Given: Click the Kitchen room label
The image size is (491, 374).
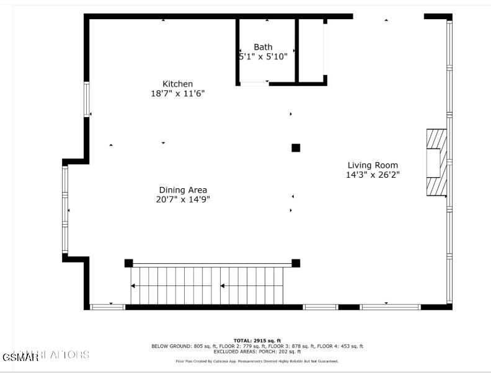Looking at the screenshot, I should click(x=178, y=84).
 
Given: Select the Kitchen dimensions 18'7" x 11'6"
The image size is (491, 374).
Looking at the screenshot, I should click(x=178, y=94).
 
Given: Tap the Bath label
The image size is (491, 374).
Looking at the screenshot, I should click(x=263, y=47).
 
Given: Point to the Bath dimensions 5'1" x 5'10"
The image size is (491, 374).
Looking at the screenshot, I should click(x=263, y=56).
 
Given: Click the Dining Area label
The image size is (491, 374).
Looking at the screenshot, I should click(x=183, y=190).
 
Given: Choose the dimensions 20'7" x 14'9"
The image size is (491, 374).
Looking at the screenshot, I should click(x=183, y=199).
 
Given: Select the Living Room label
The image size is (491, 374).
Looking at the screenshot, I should click(x=373, y=165).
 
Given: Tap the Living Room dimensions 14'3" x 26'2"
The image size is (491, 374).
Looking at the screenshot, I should click(x=373, y=175).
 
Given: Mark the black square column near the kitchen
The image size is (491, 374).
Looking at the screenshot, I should click(x=296, y=147).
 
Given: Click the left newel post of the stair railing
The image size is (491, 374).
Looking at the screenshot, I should click(x=128, y=263).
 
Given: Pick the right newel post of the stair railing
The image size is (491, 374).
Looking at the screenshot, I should click(x=296, y=263).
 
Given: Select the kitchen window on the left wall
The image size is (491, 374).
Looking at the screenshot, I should click(x=87, y=99).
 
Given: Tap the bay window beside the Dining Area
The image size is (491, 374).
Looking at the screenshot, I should click(x=65, y=209).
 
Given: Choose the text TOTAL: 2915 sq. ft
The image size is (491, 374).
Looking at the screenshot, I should click(x=257, y=341).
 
